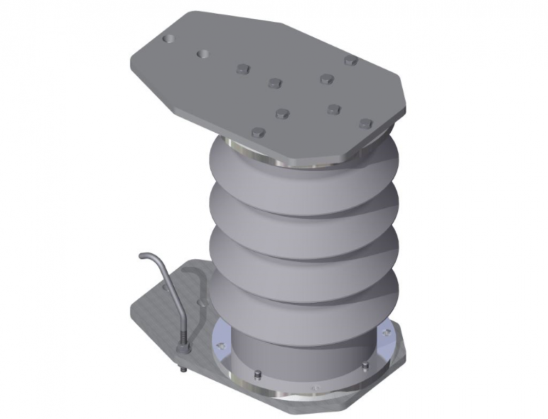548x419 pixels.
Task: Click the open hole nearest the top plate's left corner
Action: click(x=169, y=39)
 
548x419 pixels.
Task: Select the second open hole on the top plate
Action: click(x=203, y=54)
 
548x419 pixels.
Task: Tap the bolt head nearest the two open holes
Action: click(x=243, y=69)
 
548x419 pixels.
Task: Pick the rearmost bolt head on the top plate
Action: click(x=351, y=60)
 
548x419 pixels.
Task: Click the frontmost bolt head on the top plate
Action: click(x=258, y=132)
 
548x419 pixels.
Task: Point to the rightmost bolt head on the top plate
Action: click(x=366, y=123)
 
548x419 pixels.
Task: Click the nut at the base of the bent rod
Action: click(x=182, y=347)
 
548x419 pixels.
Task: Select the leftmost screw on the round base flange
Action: click(x=221, y=346)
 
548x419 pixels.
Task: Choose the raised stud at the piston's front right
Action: click(x=365, y=366)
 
